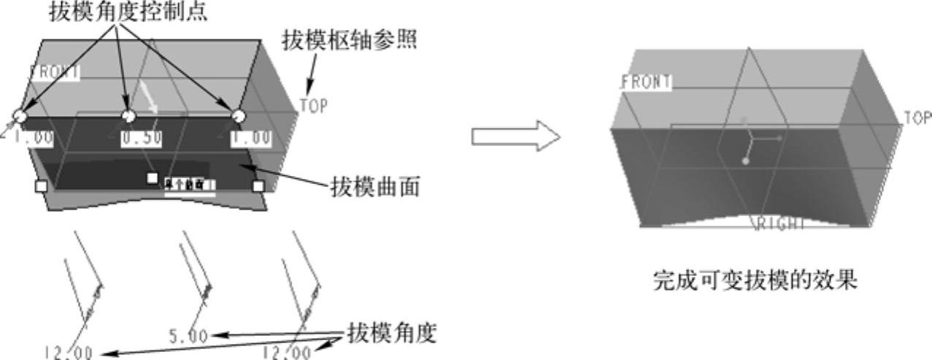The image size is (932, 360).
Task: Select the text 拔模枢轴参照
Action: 350,40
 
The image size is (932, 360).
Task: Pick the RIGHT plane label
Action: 780,223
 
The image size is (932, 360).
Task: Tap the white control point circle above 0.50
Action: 128,115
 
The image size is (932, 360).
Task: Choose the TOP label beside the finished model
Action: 917,118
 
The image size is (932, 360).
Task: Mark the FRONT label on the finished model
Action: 646,83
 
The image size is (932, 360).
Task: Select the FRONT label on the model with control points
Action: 55,72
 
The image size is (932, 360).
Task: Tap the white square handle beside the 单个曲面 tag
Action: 153,178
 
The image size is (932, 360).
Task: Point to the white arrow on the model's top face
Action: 151,96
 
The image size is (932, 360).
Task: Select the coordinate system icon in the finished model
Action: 751,145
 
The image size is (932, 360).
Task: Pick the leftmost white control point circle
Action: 20,116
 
